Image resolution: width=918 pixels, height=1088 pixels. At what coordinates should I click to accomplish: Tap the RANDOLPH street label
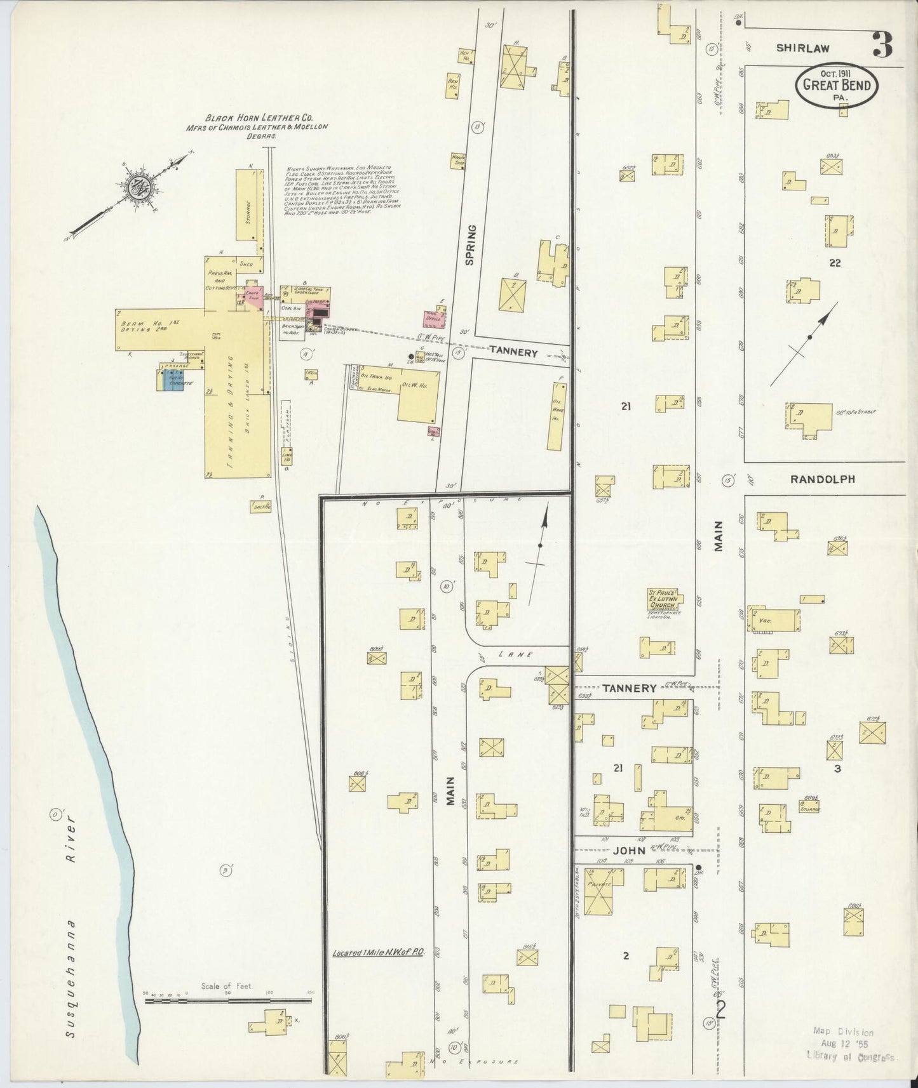(x=822, y=479)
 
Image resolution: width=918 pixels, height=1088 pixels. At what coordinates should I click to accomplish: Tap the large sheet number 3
(x=882, y=44)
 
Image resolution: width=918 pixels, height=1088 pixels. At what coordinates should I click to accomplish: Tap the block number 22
(x=834, y=263)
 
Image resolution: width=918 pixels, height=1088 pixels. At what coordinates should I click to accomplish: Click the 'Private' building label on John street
(x=598, y=884)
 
